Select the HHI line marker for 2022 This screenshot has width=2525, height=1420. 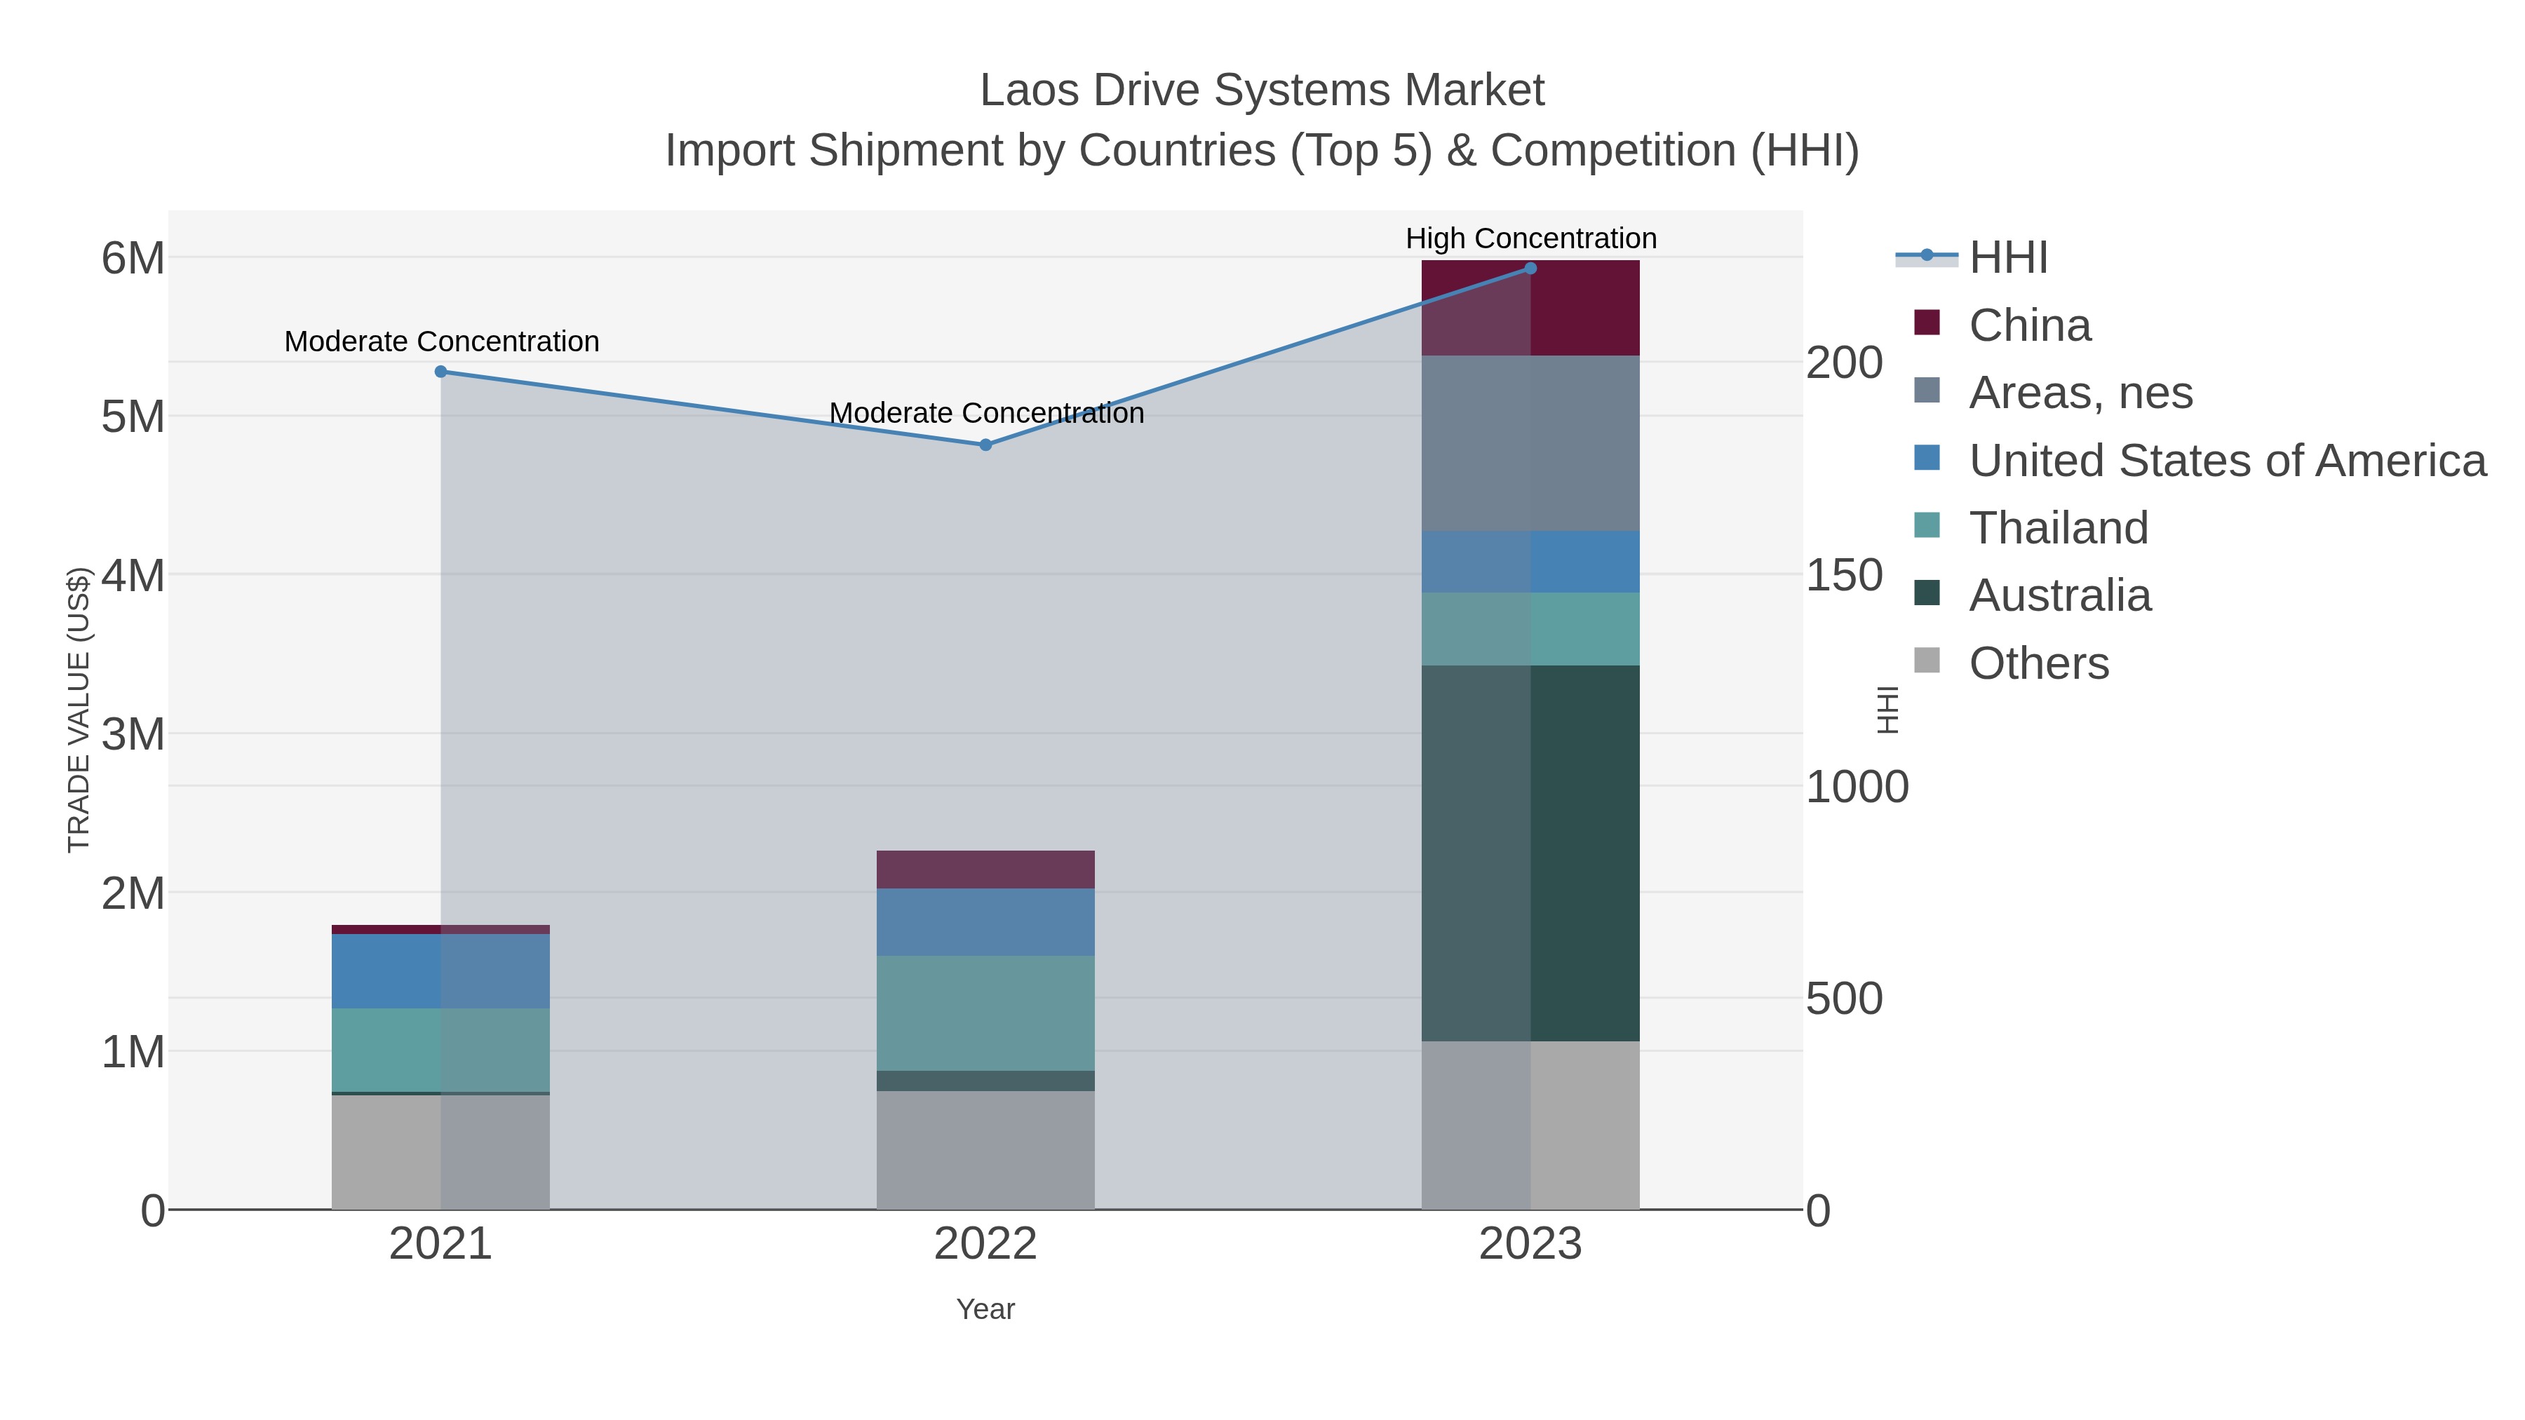(x=985, y=445)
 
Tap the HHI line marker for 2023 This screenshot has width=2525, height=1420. (x=1530, y=269)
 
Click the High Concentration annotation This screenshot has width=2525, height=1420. (x=1530, y=238)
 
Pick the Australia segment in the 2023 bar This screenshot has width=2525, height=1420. (x=1530, y=853)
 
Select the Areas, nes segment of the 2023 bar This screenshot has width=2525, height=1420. (x=1530, y=443)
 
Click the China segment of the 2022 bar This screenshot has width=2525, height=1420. (x=985, y=870)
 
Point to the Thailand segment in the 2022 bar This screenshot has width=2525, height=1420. (x=985, y=1013)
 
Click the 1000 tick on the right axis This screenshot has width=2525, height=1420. (x=1857, y=787)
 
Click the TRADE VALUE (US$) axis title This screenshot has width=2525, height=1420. (x=79, y=710)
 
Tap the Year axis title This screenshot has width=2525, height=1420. (x=985, y=1309)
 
